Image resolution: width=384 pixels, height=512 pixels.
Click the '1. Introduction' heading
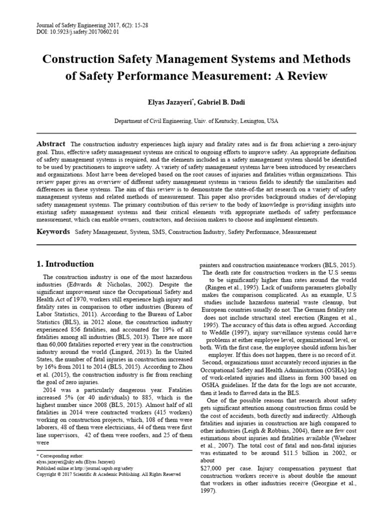(x=65, y=264)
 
